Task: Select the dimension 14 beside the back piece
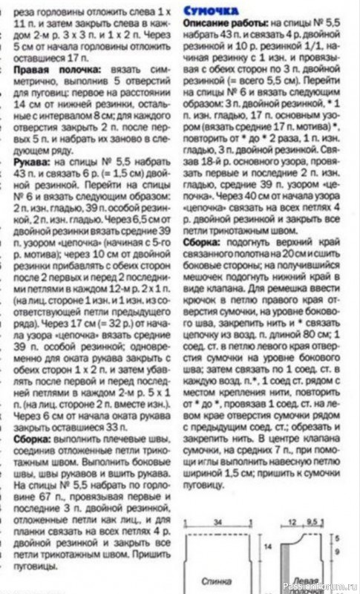(x=269, y=547)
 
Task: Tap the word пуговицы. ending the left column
(x=36, y=566)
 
